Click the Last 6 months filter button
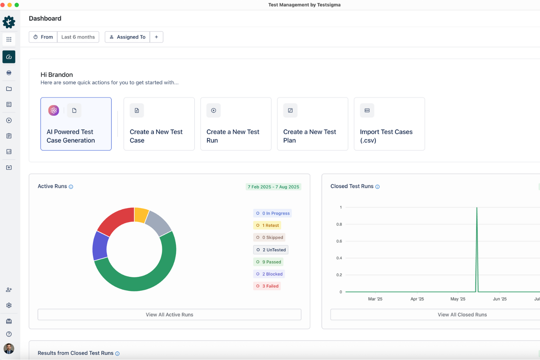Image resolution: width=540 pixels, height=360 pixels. click(78, 37)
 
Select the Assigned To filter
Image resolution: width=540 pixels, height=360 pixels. click(127, 37)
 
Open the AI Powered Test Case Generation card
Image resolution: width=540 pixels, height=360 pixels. click(76, 124)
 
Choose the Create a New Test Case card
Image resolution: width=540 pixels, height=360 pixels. click(159, 124)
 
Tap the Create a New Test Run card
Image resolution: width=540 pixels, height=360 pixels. click(236, 124)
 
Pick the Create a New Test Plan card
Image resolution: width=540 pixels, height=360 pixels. click(313, 124)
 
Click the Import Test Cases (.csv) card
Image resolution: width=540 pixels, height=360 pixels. click(389, 124)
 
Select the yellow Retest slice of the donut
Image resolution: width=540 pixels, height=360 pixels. click(141, 214)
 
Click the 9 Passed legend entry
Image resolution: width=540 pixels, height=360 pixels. click(269, 262)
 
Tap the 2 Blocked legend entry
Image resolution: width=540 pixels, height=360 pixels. click(269, 274)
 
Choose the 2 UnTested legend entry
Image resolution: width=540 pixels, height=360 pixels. click(271, 250)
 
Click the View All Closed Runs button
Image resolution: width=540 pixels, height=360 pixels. click(462, 314)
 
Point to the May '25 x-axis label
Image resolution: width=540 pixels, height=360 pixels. click(458, 299)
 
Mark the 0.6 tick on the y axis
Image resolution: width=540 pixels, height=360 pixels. click(339, 241)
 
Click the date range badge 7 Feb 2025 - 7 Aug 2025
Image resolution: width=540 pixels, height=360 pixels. click(273, 187)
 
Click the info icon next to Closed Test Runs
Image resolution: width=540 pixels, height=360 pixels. click(378, 187)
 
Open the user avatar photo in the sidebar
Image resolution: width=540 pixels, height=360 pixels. click(9, 348)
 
